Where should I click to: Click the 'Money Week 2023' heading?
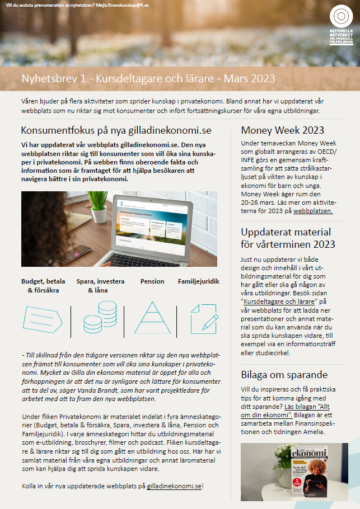pyautogui.click(x=282, y=130)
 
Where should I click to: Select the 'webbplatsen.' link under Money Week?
pyautogui.click(x=313, y=211)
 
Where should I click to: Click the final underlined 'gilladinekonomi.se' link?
pyautogui.click(x=174, y=486)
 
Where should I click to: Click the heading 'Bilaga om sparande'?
pyautogui.click(x=284, y=374)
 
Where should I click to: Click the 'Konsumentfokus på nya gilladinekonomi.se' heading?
pyautogui.click(x=116, y=130)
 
